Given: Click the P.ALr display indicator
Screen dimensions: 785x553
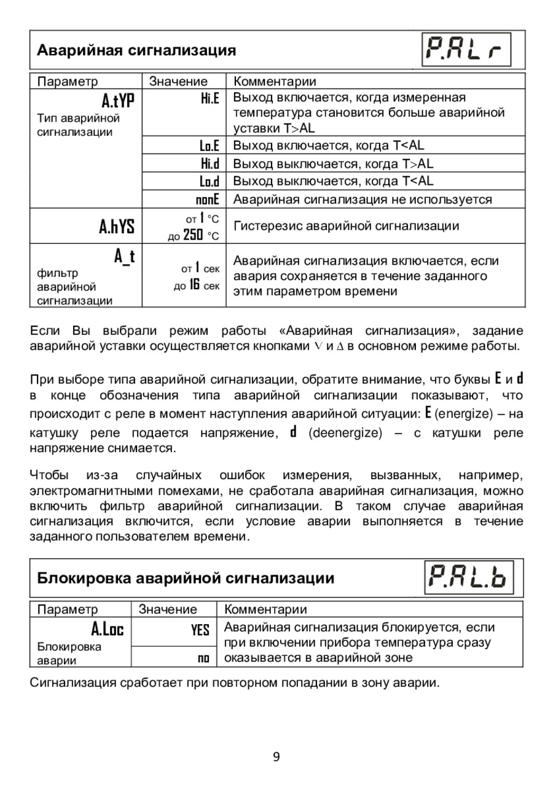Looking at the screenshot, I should pyautogui.click(x=467, y=50).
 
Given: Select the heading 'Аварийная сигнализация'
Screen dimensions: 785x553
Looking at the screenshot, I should pyautogui.click(x=136, y=50).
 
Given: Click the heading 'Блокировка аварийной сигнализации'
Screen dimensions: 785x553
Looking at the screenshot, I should pyautogui.click(x=186, y=578).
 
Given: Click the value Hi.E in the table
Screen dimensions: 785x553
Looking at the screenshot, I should pyautogui.click(x=210, y=98).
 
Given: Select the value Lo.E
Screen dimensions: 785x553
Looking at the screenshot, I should pyautogui.click(x=209, y=146).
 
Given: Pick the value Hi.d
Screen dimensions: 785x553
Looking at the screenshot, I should pyautogui.click(x=210, y=164).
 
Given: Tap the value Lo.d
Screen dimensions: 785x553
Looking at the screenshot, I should pyautogui.click(x=209, y=181).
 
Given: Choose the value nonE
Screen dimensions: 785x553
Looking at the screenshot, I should pyautogui.click(x=207, y=200).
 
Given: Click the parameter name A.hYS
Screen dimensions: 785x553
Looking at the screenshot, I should pyautogui.click(x=117, y=227).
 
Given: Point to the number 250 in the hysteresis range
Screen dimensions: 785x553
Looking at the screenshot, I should pyautogui.click(x=193, y=235).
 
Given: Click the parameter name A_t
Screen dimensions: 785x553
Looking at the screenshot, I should pyautogui.click(x=124, y=257).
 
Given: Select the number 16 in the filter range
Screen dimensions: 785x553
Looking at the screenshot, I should pyautogui.click(x=193, y=286).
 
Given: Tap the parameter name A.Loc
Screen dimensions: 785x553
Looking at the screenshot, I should pyautogui.click(x=108, y=629).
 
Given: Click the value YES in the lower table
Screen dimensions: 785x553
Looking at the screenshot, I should pyautogui.click(x=200, y=630).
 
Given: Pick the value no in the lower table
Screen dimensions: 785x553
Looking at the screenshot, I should pyautogui.click(x=203, y=658).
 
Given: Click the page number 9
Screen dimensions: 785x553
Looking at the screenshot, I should pyautogui.click(x=276, y=756).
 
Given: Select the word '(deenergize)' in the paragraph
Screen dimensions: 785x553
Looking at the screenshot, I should pyautogui.click(x=344, y=432).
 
